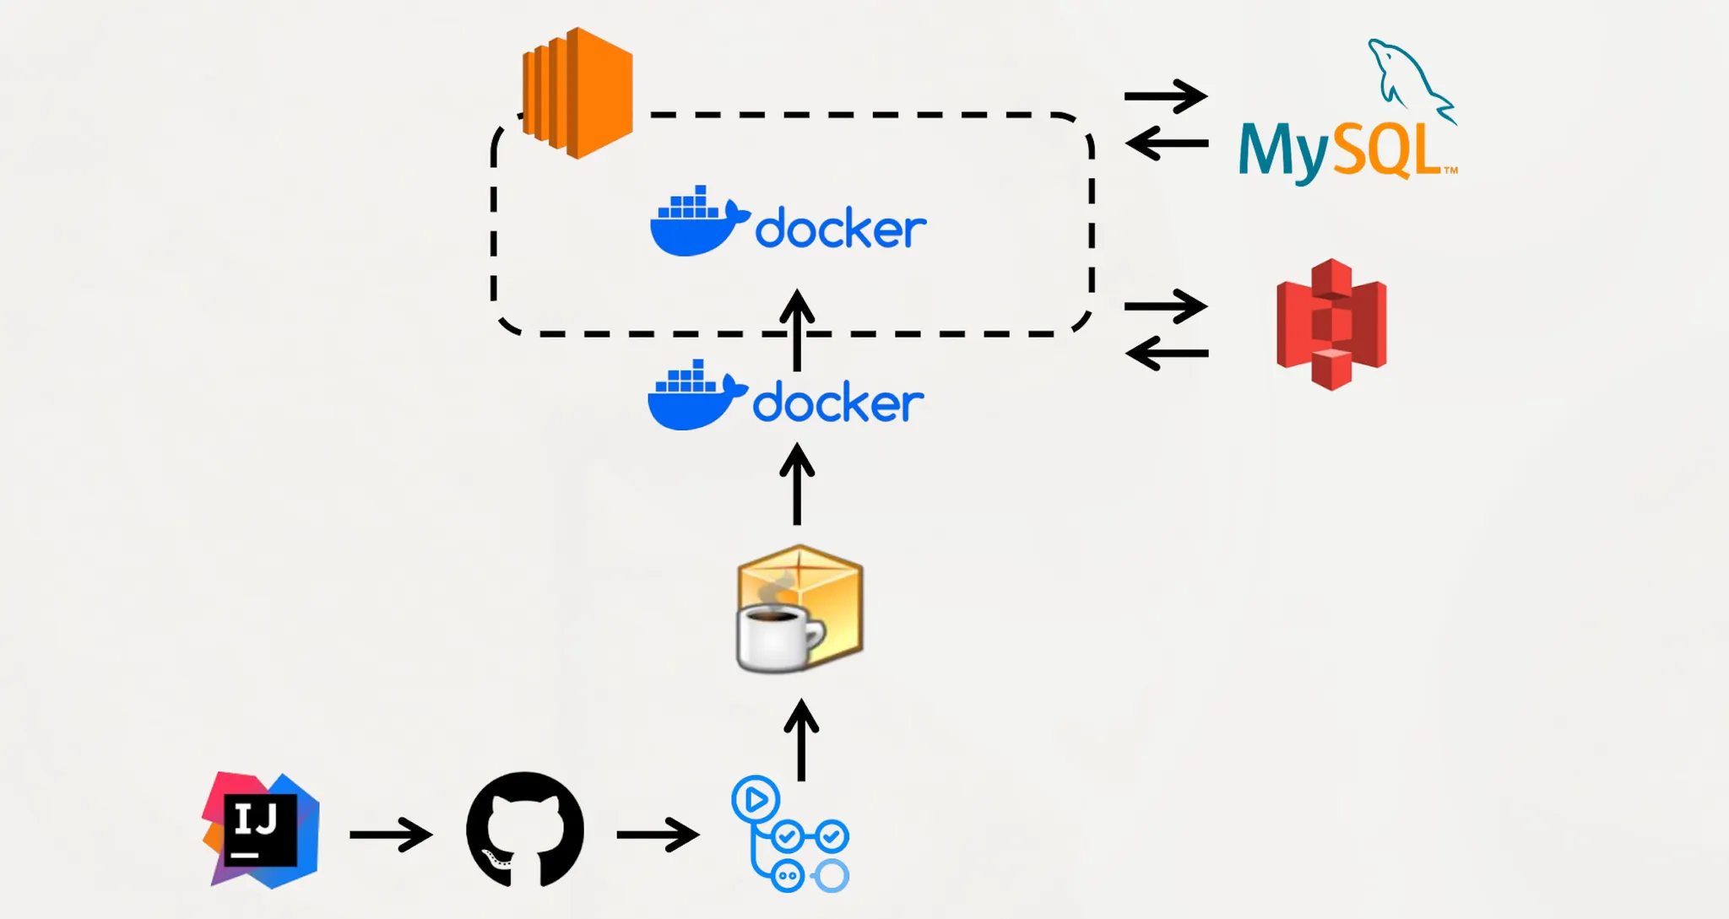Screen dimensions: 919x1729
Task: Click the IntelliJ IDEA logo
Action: [261, 830]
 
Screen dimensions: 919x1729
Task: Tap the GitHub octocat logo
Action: [525, 829]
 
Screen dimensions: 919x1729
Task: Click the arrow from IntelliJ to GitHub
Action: [391, 835]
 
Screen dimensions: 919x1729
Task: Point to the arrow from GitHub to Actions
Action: [658, 835]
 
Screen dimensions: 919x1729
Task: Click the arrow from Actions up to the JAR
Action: [801, 740]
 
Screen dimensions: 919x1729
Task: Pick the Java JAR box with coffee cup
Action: [800, 608]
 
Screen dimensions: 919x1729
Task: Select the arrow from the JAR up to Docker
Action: [797, 485]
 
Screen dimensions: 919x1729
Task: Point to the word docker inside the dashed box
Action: [841, 228]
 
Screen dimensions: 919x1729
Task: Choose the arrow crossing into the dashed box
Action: [797, 331]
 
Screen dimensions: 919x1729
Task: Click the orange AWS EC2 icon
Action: [578, 93]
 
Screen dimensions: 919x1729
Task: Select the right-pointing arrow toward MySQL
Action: [1166, 96]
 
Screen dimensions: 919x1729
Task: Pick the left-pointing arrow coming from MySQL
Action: [1168, 143]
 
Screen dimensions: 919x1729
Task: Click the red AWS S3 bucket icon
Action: [1331, 324]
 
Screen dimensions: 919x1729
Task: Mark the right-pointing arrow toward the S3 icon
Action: [1166, 306]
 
